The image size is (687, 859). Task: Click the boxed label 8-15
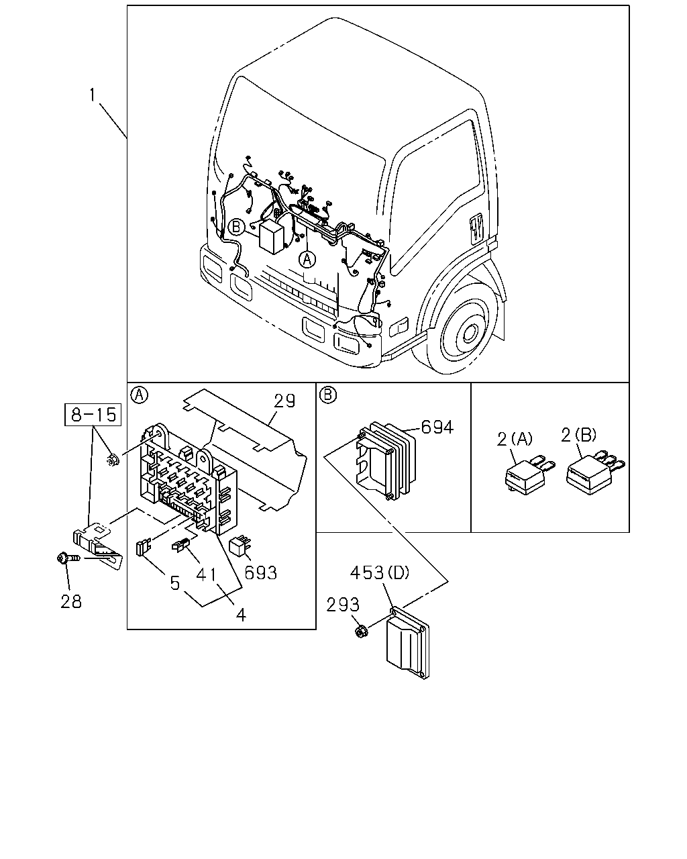click(x=93, y=415)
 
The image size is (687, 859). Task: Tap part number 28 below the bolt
click(x=71, y=601)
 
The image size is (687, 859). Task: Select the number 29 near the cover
click(x=284, y=401)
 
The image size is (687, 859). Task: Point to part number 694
click(x=437, y=427)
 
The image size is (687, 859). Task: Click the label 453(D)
click(x=380, y=573)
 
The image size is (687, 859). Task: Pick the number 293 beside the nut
click(x=343, y=605)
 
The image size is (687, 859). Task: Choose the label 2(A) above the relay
click(x=515, y=439)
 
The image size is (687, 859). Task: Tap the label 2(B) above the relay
click(x=578, y=435)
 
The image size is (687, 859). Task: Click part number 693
click(x=261, y=573)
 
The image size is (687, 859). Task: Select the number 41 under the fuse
click(x=207, y=575)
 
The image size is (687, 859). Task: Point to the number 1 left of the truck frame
click(x=93, y=95)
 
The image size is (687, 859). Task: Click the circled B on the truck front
click(x=236, y=227)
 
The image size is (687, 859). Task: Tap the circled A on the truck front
click(x=307, y=260)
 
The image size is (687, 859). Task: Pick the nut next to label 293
click(x=361, y=631)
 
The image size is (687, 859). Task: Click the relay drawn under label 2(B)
click(x=594, y=474)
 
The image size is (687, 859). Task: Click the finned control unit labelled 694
click(x=385, y=460)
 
